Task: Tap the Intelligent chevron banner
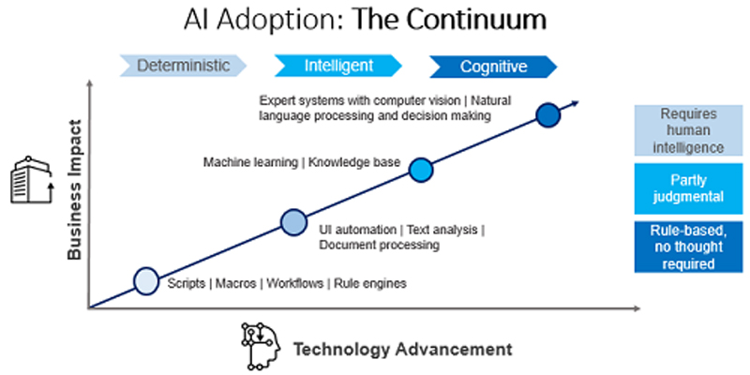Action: tap(338, 66)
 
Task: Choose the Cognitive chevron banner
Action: tap(493, 67)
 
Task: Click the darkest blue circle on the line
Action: tap(548, 115)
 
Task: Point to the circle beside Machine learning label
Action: tap(421, 169)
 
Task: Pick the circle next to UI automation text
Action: tap(294, 222)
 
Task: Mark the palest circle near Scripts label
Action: tap(146, 279)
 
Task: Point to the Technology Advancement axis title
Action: tap(403, 350)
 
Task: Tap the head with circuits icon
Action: tap(262, 346)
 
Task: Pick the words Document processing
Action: tap(379, 246)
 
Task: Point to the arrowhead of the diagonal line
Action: tap(574, 103)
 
